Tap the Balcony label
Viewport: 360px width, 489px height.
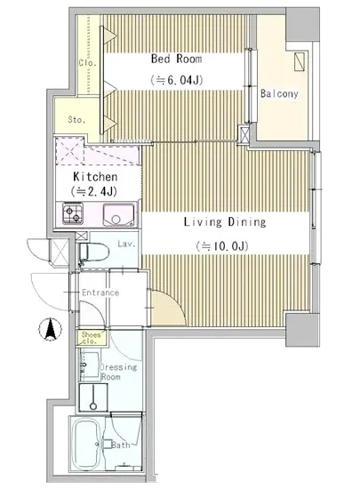point(278,93)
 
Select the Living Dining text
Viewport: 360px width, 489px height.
point(225,222)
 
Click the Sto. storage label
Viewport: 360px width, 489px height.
point(76,118)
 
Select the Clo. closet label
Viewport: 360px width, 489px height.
point(87,62)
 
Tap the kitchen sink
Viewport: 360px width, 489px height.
point(116,214)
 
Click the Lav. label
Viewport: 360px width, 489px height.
point(124,244)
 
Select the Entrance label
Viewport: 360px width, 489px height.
point(100,293)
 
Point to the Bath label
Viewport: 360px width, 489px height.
point(121,445)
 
